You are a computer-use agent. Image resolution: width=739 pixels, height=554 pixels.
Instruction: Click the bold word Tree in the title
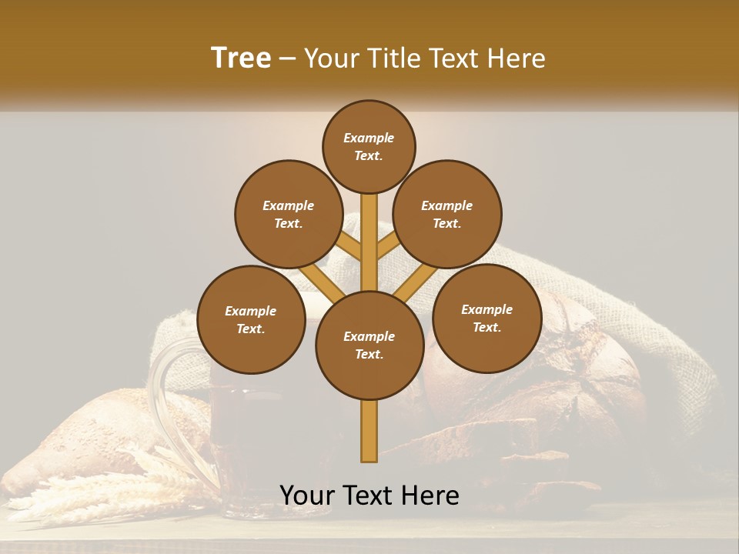pos(241,58)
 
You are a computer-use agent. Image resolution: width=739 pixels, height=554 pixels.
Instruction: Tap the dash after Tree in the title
pos(288,59)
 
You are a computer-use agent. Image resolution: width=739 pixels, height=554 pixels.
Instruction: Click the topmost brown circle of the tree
pos(369,146)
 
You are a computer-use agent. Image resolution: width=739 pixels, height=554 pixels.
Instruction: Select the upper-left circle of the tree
pos(288,214)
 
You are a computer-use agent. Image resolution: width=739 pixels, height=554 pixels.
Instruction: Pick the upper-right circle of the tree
pos(447,214)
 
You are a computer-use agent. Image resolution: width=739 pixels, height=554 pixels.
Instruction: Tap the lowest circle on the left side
pos(251,319)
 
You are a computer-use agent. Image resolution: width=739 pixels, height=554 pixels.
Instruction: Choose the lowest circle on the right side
pos(487,318)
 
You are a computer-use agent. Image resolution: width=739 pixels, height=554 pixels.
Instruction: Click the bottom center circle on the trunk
pos(369,345)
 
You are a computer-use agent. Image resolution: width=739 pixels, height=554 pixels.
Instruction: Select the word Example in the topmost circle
pos(369,138)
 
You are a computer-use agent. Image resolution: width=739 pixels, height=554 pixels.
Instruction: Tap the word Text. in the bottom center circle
pos(369,354)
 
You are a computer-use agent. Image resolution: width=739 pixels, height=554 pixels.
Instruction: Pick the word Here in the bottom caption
pos(432,496)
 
